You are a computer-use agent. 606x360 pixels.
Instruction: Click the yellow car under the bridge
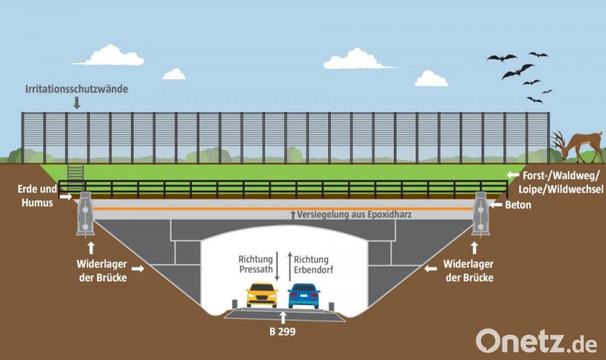pos(262,296)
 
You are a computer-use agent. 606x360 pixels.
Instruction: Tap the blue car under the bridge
pos(304,296)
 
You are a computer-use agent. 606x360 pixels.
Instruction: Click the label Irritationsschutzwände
pos(76,89)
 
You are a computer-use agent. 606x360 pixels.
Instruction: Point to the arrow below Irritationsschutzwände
pos(77,102)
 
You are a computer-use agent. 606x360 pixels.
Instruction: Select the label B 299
pos(283,332)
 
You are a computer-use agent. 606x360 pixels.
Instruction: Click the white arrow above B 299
pos(283,318)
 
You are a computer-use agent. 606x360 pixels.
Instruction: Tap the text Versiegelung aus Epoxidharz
pos(354,214)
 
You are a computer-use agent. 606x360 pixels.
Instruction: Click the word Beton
pos(518,205)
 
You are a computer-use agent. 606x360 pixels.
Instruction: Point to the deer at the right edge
pos(578,147)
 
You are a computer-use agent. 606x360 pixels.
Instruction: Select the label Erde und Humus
pos(37,196)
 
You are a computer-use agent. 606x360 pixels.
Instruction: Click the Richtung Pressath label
pos(256,265)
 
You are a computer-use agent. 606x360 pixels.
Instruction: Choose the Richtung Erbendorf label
pos(314,265)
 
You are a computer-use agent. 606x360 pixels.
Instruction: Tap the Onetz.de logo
pos(537,341)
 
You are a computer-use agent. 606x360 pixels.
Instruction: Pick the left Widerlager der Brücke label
pos(102,271)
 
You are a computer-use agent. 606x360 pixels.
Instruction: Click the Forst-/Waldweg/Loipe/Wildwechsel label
pos(561,182)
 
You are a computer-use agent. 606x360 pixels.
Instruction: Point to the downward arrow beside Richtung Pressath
pos(277,267)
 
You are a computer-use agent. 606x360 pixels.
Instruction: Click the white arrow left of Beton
pos(496,205)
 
